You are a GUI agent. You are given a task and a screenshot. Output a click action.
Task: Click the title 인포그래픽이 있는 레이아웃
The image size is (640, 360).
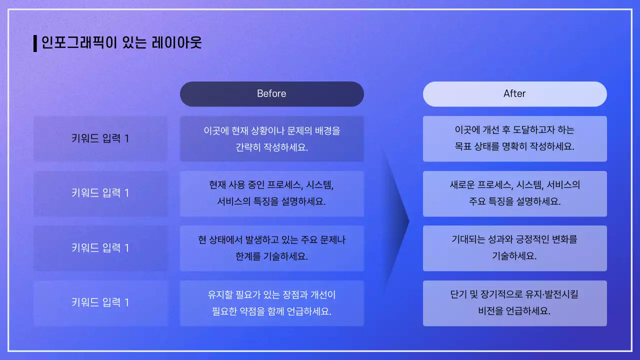(x=121, y=43)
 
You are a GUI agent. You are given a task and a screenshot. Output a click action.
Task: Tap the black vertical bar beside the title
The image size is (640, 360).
(x=35, y=43)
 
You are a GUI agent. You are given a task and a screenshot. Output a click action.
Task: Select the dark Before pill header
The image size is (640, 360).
(x=271, y=94)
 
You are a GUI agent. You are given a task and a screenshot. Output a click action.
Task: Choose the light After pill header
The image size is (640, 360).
(x=514, y=94)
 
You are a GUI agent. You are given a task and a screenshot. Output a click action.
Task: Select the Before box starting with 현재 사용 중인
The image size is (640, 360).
(x=271, y=193)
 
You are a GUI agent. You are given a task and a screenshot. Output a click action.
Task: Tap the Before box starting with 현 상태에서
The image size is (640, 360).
(x=271, y=248)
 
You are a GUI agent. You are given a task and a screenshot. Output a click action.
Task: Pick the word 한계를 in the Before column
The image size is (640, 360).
(x=248, y=256)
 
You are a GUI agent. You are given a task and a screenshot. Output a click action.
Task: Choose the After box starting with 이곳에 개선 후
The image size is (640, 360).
(x=514, y=138)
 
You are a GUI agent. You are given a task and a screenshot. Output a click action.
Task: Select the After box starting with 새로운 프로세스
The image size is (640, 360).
(x=514, y=193)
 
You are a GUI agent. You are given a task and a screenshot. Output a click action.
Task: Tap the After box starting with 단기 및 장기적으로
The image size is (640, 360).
(x=514, y=303)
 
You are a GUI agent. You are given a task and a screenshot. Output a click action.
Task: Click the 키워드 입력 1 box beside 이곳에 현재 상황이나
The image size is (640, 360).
(x=100, y=138)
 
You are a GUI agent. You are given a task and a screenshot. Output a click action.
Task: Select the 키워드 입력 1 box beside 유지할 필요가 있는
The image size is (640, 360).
(x=100, y=303)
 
